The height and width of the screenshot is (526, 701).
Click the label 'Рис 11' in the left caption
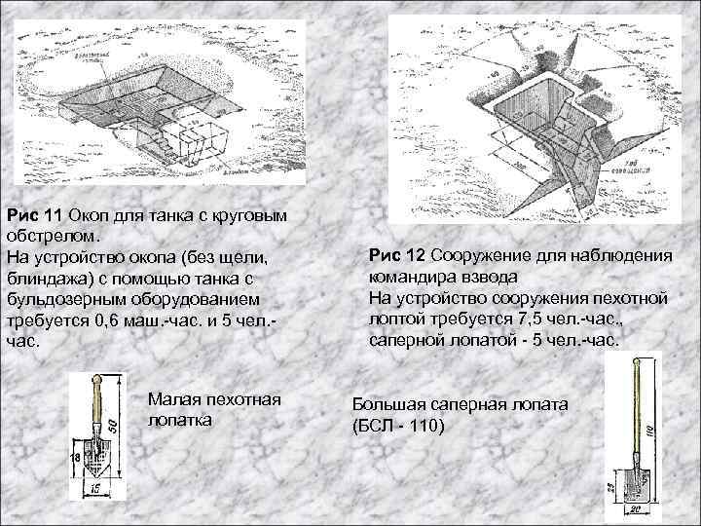pos(28,214)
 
